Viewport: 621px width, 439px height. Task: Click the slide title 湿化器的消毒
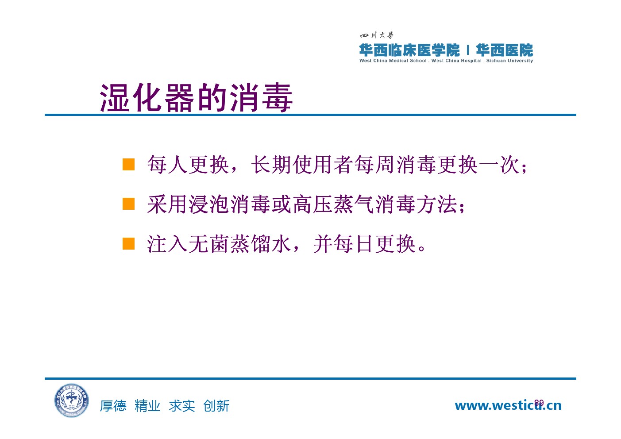click(196, 97)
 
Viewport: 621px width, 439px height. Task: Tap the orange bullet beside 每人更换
click(129, 164)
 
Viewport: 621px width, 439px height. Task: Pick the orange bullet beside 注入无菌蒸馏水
click(129, 243)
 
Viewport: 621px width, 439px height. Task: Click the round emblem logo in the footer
click(72, 400)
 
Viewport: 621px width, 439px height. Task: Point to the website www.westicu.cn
click(508, 405)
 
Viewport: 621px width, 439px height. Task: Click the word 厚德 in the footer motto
click(113, 406)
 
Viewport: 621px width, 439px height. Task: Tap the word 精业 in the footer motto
click(147, 406)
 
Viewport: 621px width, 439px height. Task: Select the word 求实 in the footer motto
click(182, 406)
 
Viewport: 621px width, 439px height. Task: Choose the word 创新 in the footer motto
click(216, 406)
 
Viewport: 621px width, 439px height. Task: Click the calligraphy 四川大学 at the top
click(377, 35)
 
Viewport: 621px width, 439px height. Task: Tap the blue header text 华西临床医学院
click(409, 50)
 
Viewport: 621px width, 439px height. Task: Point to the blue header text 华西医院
click(505, 50)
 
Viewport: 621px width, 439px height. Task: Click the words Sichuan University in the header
click(509, 61)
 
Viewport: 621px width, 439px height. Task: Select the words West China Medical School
click(393, 61)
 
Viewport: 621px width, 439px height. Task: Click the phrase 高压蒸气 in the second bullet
click(334, 204)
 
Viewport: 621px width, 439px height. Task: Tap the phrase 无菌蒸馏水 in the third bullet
click(240, 244)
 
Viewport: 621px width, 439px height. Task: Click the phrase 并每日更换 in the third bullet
click(365, 244)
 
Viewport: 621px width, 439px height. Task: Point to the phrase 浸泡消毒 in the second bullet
click(230, 204)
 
